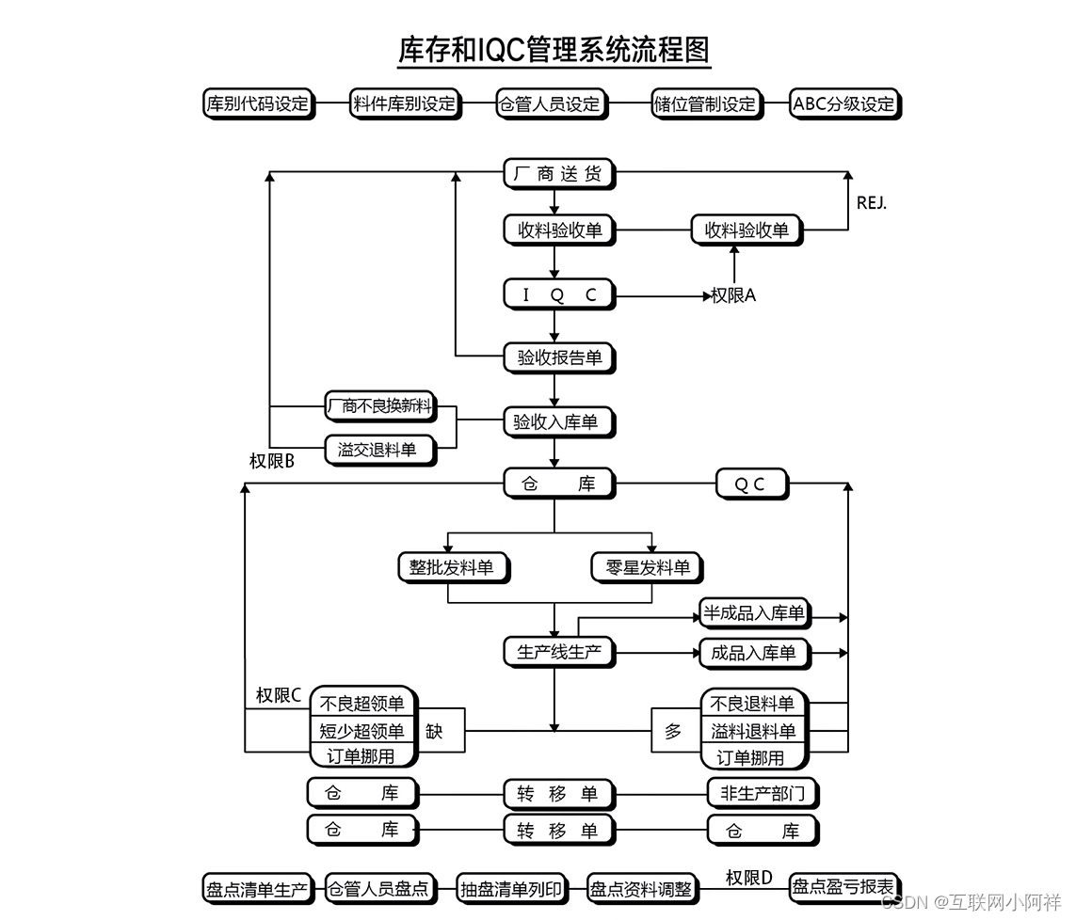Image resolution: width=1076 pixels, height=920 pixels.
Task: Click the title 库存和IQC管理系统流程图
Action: [x=554, y=50]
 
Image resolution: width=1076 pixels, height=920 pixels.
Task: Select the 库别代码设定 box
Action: [x=257, y=103]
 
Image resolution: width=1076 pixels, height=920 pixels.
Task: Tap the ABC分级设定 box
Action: [x=843, y=103]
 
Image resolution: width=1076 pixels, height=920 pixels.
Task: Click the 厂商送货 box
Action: [x=558, y=173]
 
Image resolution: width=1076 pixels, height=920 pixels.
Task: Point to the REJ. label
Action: [x=871, y=202]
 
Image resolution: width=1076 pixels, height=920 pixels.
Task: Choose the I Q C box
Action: [x=558, y=294]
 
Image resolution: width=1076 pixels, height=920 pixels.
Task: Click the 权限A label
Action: [x=733, y=295]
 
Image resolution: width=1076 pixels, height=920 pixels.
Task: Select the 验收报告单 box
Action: [x=558, y=357]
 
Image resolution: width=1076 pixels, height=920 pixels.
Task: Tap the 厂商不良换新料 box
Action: [x=379, y=406]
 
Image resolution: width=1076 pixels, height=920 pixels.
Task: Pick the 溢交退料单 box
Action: [x=379, y=450]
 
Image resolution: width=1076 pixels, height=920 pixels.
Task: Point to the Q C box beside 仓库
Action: [x=750, y=484]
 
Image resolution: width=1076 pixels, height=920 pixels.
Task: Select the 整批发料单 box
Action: [x=452, y=567]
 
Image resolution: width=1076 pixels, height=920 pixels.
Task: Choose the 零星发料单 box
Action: [x=647, y=567]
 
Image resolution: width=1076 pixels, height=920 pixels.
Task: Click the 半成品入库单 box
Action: [x=754, y=614]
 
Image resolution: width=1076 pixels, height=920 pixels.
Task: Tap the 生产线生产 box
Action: [x=558, y=651]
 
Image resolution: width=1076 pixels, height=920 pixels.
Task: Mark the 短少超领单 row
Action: [x=362, y=731]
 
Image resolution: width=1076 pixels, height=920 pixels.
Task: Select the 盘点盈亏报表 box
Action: [x=843, y=886]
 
